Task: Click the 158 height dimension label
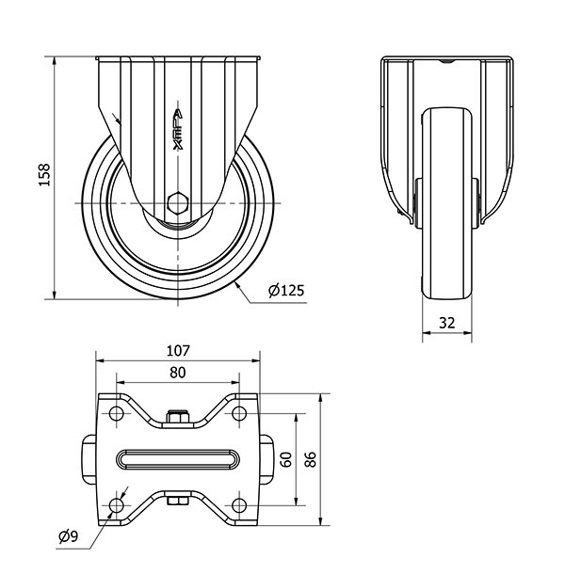(44, 175)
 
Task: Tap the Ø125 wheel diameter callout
(286, 291)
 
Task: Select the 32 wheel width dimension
(446, 323)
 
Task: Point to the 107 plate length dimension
(178, 351)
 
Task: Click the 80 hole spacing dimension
(178, 373)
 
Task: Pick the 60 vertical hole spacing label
(286, 459)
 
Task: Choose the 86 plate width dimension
(311, 459)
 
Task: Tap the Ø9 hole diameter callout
(69, 536)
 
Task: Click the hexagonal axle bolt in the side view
(178, 202)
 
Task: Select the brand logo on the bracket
(178, 129)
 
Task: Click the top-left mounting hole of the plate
(116, 414)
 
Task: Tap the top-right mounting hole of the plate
(239, 414)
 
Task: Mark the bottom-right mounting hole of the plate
(239, 505)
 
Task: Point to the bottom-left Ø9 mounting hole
(116, 505)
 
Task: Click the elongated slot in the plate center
(178, 459)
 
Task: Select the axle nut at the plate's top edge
(178, 417)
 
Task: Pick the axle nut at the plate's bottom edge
(178, 500)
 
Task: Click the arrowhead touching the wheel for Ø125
(238, 286)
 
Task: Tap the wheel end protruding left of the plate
(89, 459)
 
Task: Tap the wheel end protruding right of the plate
(266, 459)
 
